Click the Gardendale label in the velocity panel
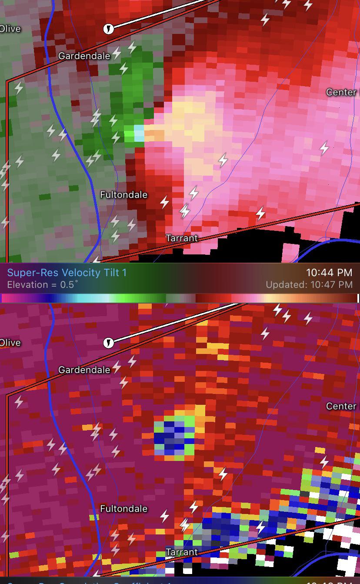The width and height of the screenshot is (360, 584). tap(84, 56)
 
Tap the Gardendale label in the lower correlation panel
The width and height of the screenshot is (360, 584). tap(84, 370)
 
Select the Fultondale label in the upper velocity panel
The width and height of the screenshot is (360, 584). tap(124, 194)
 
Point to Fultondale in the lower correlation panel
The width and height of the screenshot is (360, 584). tap(124, 508)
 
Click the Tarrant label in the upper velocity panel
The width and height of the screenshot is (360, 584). tap(182, 238)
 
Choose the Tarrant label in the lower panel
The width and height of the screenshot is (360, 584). tap(182, 552)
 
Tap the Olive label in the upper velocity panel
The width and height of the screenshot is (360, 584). tap(10, 29)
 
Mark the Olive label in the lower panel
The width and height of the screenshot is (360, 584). tap(10, 343)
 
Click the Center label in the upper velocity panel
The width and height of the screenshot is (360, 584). tap(342, 92)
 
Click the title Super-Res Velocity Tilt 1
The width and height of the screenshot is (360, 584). tap(67, 273)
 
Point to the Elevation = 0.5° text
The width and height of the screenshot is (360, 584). tap(43, 285)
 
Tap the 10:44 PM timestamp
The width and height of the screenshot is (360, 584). tap(329, 273)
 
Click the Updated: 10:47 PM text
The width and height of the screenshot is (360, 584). tap(309, 285)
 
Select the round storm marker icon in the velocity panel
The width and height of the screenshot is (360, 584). tap(108, 29)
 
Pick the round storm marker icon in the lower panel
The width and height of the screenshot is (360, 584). tap(108, 343)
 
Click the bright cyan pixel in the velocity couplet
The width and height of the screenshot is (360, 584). tap(139, 132)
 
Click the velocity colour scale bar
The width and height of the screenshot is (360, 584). tap(180, 298)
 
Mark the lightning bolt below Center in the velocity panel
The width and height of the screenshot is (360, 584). tap(324, 148)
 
